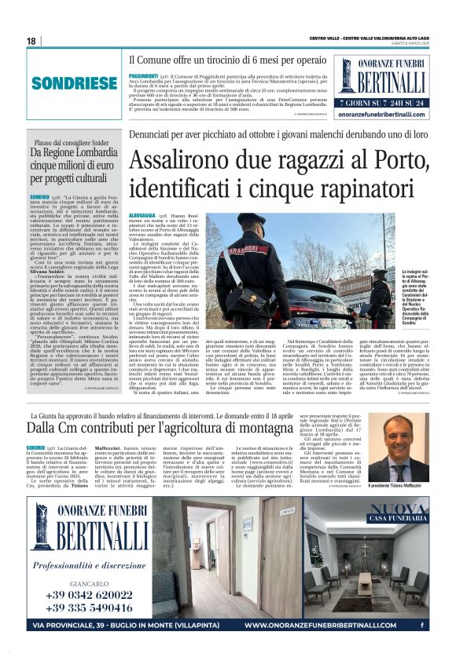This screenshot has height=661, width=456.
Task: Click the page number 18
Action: point(31,41)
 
